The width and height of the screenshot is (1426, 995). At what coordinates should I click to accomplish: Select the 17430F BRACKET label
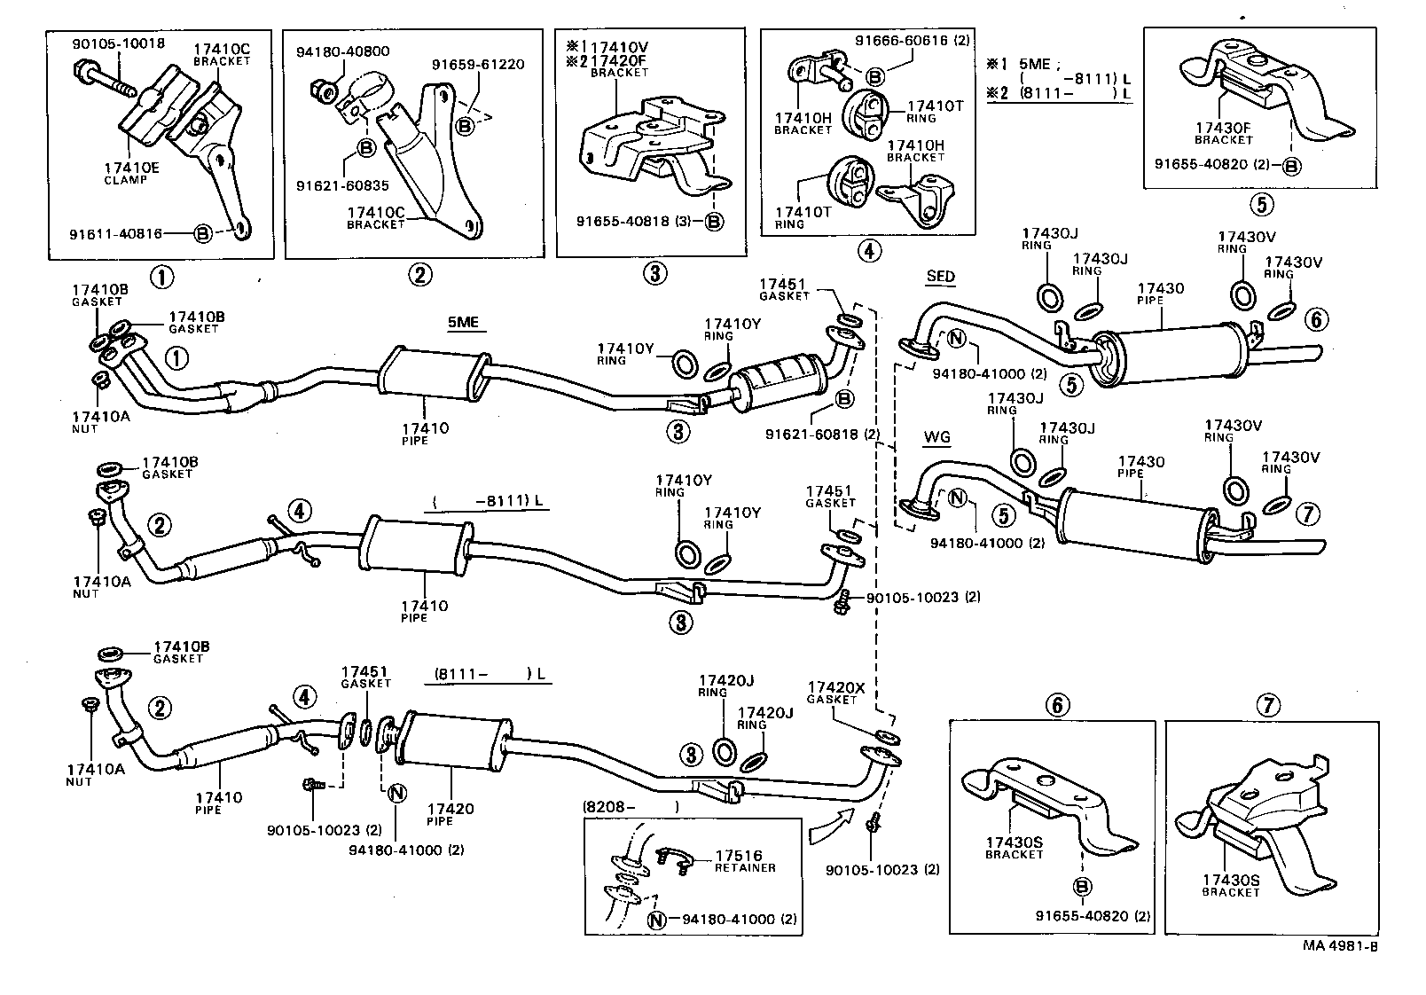tap(1223, 133)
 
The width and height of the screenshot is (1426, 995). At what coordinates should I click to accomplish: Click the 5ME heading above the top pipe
tap(462, 322)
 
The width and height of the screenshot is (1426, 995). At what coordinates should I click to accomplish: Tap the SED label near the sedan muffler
tap(940, 277)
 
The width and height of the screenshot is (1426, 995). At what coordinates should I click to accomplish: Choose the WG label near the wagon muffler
tap(936, 436)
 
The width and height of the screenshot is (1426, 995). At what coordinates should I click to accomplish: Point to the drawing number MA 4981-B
tap(1339, 945)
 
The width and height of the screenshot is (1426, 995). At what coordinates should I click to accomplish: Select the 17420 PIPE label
tap(451, 814)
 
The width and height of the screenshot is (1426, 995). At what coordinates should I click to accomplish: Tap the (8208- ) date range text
tap(631, 807)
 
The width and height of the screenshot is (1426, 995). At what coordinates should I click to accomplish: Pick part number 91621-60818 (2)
tap(822, 434)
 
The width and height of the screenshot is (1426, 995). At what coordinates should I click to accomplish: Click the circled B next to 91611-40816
tap(203, 233)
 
